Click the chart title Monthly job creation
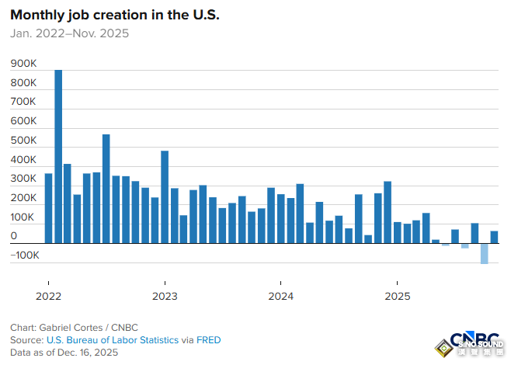[114, 15]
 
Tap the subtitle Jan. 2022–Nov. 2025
[69, 33]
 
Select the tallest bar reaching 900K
[58, 156]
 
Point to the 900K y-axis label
[23, 64]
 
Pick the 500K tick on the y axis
[23, 141]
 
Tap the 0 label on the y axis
[13, 237]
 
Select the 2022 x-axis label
[48, 296]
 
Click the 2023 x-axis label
[165, 296]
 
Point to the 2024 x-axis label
[280, 296]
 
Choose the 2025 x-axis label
[397, 296]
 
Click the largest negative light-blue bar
[485, 254]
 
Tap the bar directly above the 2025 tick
[397, 232]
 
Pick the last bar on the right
[494, 237]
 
